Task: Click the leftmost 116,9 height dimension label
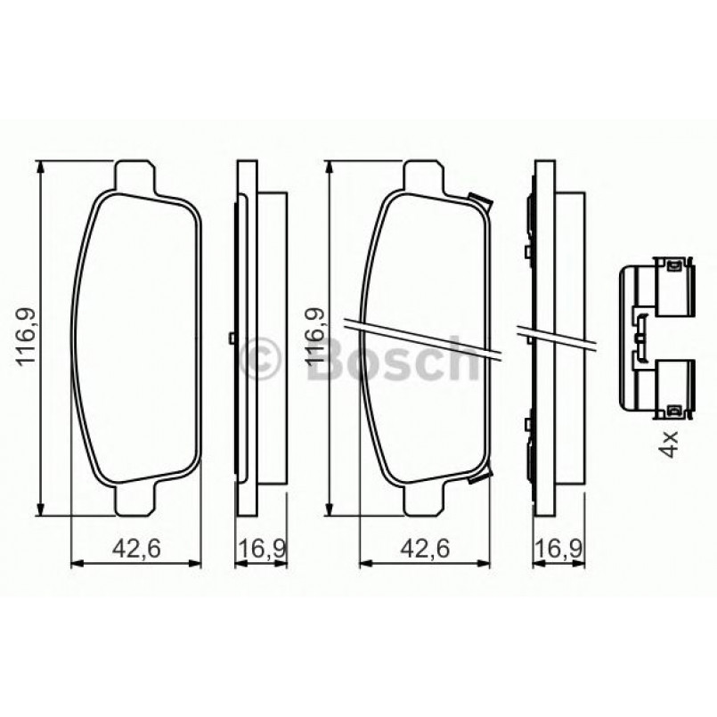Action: [x=26, y=337]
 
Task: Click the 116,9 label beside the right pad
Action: [x=314, y=337]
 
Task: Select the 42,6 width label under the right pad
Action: [x=424, y=550]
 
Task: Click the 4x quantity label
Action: [x=670, y=442]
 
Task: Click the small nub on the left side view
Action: [x=231, y=338]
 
